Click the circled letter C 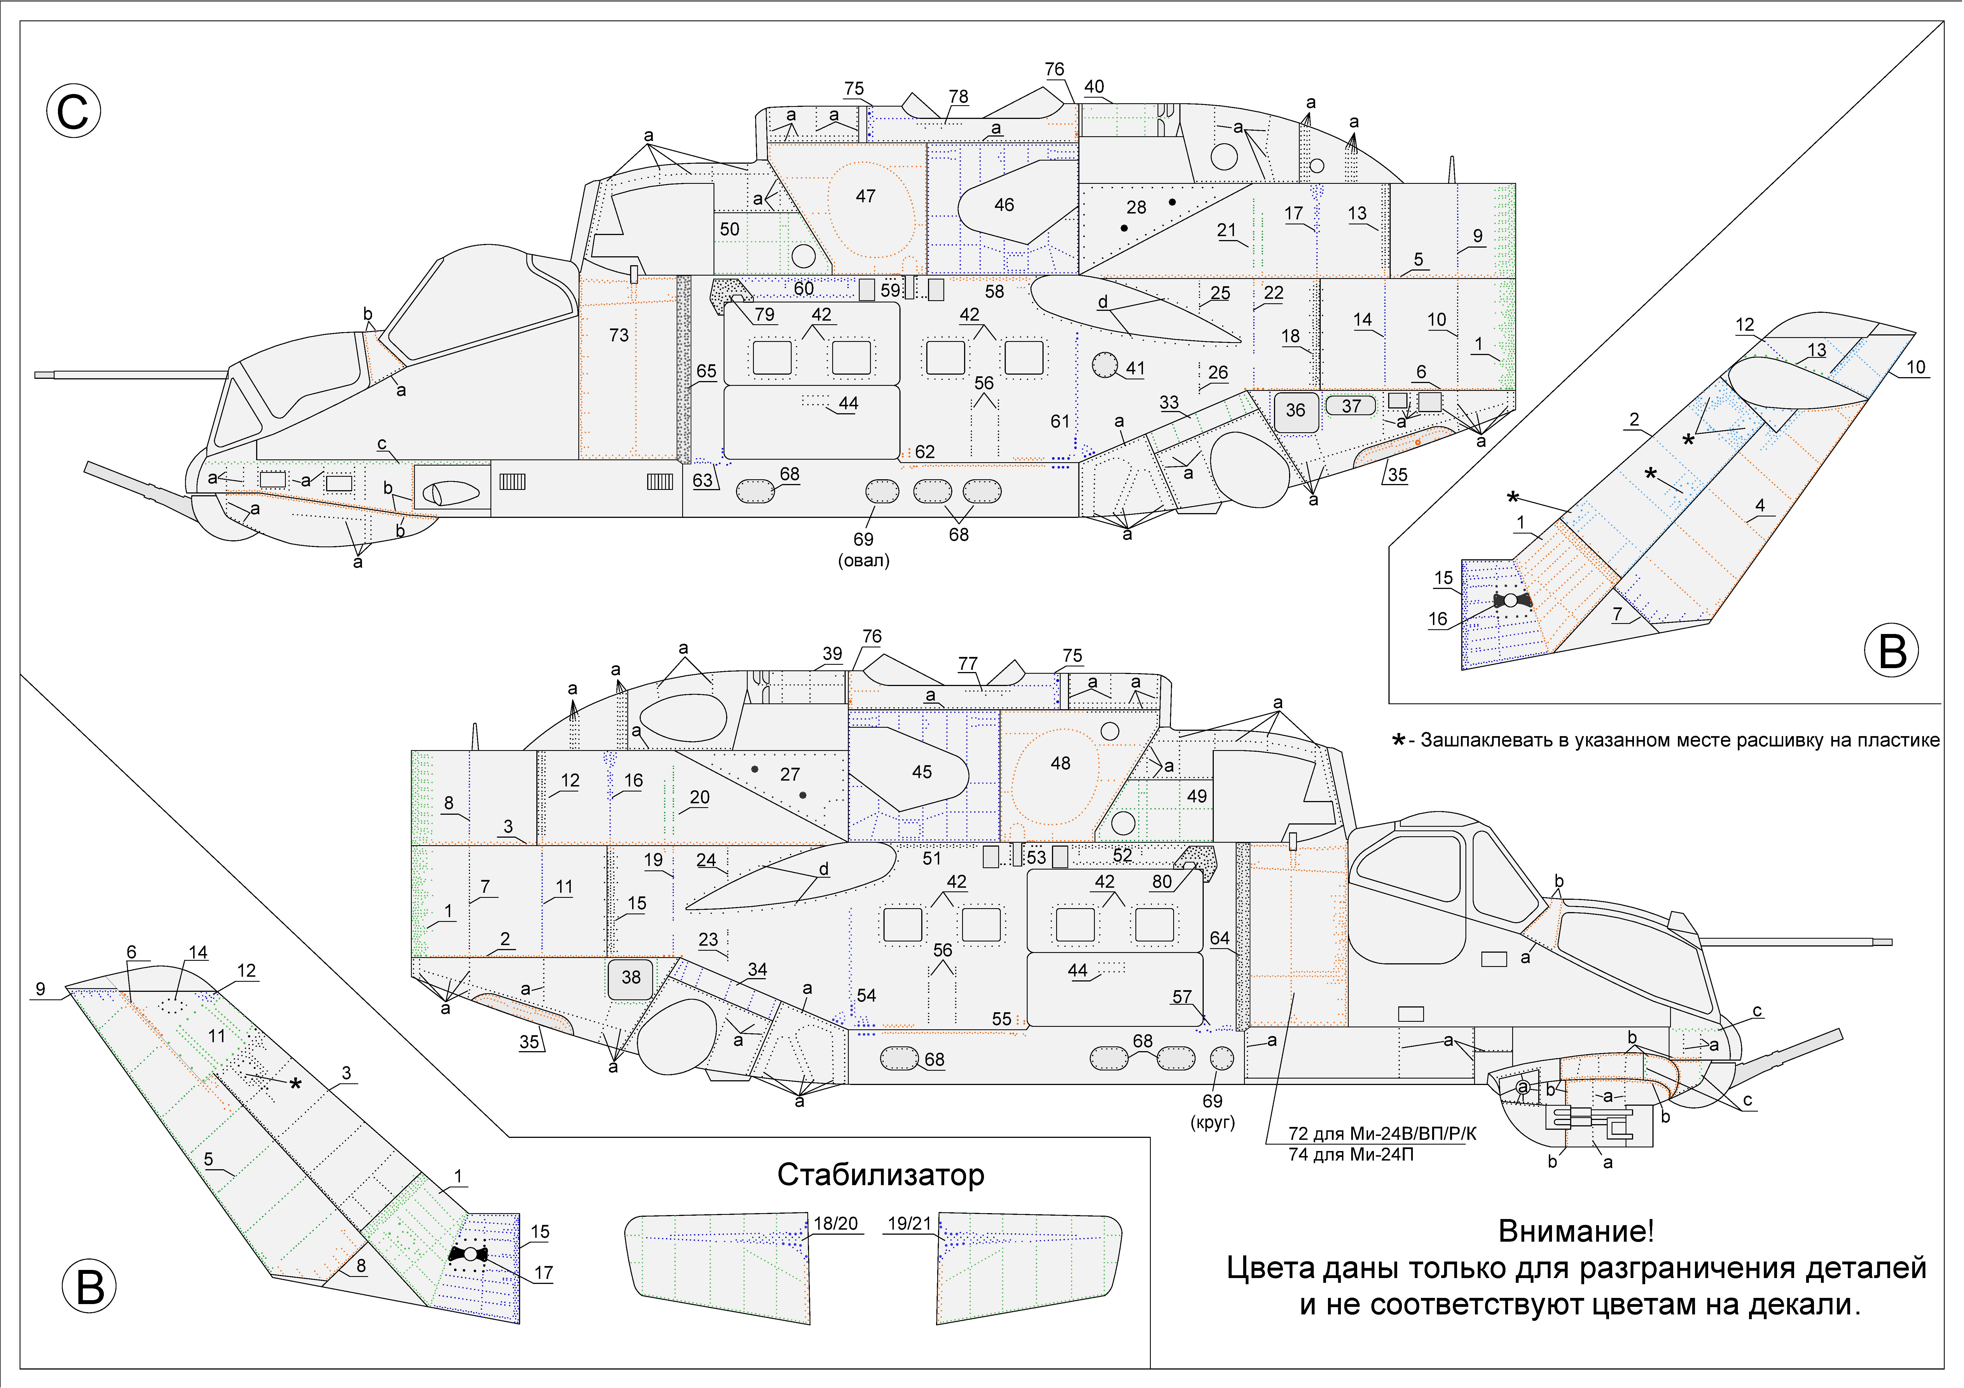pyautogui.click(x=74, y=111)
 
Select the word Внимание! pyautogui.click(x=1576, y=1232)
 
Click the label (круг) pyautogui.click(x=1212, y=1122)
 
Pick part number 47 pyautogui.click(x=866, y=197)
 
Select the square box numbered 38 pyautogui.click(x=630, y=978)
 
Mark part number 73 pyautogui.click(x=618, y=335)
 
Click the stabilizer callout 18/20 pyautogui.click(x=835, y=1224)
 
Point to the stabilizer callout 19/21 pyautogui.click(x=909, y=1224)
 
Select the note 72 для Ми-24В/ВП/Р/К pyautogui.click(x=1381, y=1134)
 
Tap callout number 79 pyautogui.click(x=764, y=315)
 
